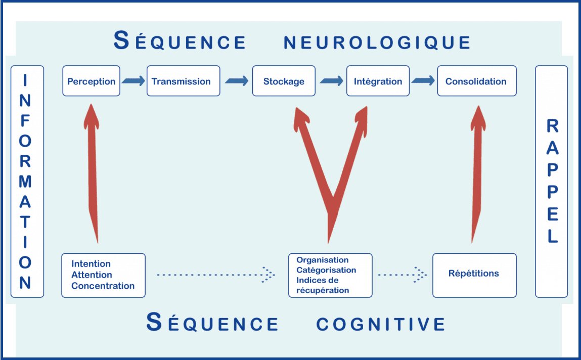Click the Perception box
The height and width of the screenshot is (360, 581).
coord(91,81)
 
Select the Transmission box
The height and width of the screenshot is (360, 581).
coord(184,81)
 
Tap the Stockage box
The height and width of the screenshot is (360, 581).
coord(284,81)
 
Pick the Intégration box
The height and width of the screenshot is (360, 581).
coord(378,81)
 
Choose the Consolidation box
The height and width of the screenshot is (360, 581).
coord(477,81)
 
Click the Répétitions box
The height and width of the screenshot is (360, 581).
coord(474,275)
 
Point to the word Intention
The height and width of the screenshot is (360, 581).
coord(91,264)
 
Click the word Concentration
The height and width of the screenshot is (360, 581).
coord(103,286)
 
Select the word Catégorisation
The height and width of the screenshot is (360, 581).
coord(326,271)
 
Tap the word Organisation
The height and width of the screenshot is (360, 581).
coord(323,260)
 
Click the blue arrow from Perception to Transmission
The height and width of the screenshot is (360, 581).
coord(133,81)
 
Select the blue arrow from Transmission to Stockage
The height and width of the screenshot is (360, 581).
coord(237,81)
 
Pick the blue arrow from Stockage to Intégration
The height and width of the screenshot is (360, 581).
coord(331,81)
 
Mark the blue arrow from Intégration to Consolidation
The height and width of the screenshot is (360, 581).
coord(423,80)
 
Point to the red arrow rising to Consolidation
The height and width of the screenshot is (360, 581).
coord(478,174)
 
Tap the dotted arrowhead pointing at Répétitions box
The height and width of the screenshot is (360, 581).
coord(421,275)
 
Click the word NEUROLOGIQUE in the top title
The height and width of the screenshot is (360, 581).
coord(377,42)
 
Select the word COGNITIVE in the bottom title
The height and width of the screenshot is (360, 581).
coord(381,324)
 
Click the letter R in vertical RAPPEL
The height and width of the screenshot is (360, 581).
coord(553,126)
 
